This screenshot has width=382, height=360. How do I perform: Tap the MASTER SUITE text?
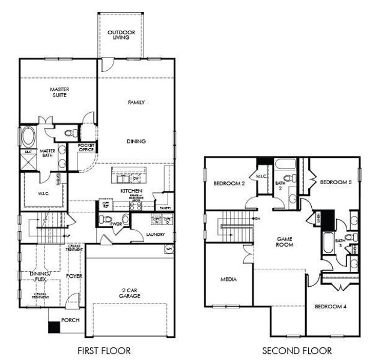click(58, 92)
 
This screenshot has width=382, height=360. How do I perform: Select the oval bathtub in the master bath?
click(29, 137)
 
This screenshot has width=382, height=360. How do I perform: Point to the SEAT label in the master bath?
click(28, 152)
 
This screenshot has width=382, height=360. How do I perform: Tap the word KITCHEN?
click(130, 191)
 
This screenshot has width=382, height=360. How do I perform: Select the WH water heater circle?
click(168, 248)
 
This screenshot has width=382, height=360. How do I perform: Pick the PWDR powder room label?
click(116, 224)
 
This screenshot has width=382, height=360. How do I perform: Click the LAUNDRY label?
click(138, 235)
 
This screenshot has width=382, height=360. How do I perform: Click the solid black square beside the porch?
click(54, 328)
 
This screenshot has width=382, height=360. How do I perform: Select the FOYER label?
click(74, 276)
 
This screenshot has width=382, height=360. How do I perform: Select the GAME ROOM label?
click(284, 242)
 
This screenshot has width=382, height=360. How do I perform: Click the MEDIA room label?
click(228, 279)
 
